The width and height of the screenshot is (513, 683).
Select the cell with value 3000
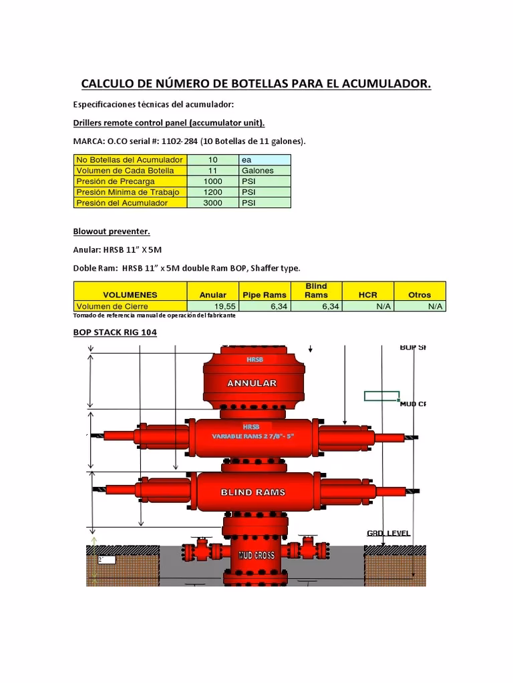click(x=212, y=203)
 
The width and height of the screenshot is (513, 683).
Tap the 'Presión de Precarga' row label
click(x=116, y=181)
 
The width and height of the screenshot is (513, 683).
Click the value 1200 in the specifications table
click(x=212, y=192)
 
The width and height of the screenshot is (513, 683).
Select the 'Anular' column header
click(x=213, y=294)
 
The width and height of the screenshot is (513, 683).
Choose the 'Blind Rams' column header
click(x=316, y=290)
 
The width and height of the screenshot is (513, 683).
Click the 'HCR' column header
click(x=368, y=294)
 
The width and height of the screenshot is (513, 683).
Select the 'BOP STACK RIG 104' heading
click(x=115, y=331)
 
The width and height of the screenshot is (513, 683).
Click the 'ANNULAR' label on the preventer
click(x=252, y=384)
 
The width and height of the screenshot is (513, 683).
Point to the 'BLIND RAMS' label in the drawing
click(x=252, y=492)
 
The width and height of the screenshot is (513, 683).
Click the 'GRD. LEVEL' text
click(x=389, y=534)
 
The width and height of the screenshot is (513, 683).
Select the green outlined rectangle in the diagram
click(x=381, y=396)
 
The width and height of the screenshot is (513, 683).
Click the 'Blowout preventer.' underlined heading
click(x=112, y=231)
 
